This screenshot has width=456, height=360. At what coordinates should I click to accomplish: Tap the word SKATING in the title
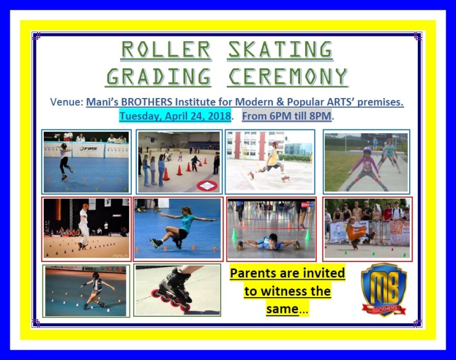pos(280,49)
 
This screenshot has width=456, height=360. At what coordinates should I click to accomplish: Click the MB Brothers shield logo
pos(383,289)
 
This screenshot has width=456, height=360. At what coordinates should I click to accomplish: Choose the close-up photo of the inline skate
pos(177,290)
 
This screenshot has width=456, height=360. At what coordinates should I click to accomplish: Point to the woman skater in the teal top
pos(179,226)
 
